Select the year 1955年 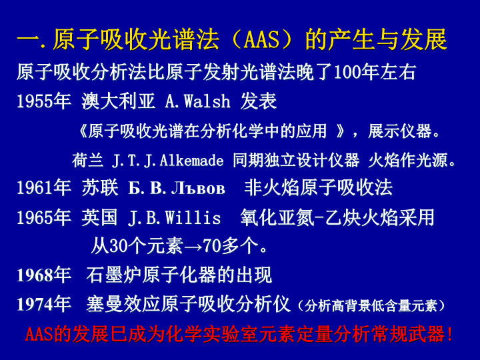(44, 101)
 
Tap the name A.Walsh (197, 101)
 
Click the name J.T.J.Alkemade (168, 161)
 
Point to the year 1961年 (44, 187)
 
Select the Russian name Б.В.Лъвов (177, 188)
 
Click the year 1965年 (44, 217)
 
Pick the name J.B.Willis (174, 217)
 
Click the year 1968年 (44, 275)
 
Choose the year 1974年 (44, 304)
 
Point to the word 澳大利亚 (118, 101)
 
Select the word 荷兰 (87, 161)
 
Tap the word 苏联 (100, 187)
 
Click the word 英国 (99, 217)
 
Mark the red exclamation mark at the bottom (449, 334)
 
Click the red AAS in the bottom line (39, 334)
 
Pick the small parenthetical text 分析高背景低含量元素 (371, 306)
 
